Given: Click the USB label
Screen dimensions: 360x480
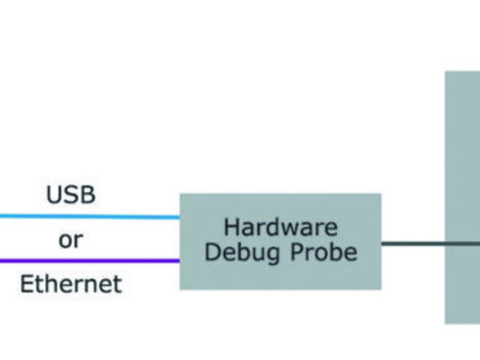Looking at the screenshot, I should (x=71, y=195).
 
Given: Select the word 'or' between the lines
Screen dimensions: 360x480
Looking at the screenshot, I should (x=71, y=241).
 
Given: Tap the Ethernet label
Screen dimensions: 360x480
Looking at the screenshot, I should (x=71, y=284).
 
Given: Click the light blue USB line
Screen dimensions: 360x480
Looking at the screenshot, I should (x=90, y=217).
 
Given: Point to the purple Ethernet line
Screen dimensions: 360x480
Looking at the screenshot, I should (x=90, y=261).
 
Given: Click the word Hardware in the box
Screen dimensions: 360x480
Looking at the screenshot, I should (x=280, y=228).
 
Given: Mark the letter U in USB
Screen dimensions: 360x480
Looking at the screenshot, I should (x=53, y=195).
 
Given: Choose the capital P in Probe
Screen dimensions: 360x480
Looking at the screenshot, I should (x=298, y=253).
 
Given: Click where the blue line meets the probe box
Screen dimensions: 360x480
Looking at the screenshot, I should (x=180, y=217).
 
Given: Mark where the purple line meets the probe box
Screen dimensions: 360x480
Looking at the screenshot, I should (x=180, y=261).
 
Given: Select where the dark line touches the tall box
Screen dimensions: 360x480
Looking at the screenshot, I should (x=445, y=244).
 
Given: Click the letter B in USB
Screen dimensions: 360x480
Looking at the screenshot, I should (x=88, y=195).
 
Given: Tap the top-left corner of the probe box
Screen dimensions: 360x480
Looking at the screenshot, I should (x=181, y=194).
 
